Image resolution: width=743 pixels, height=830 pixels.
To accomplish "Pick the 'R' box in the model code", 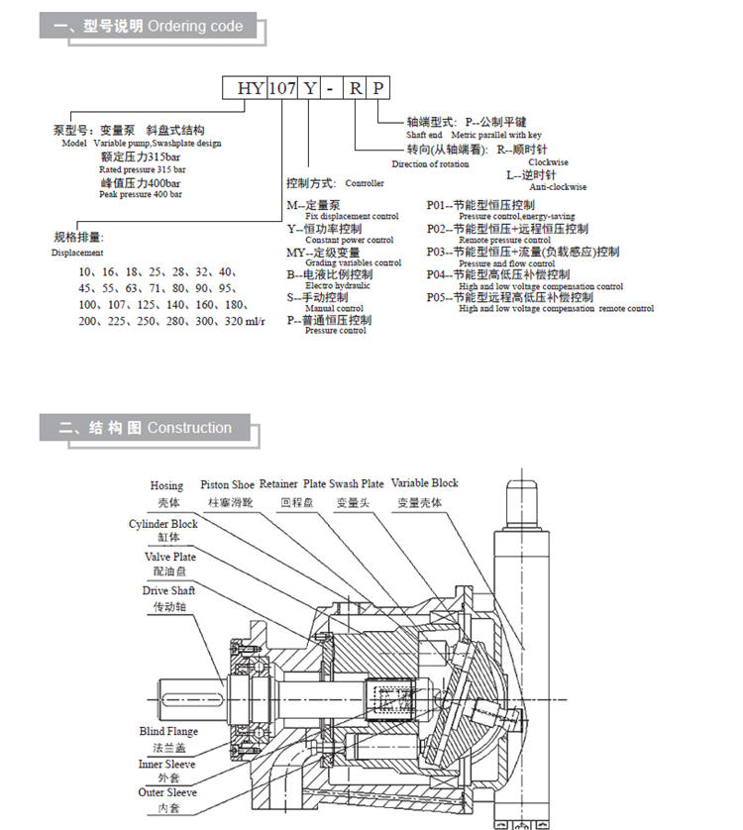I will (355, 88).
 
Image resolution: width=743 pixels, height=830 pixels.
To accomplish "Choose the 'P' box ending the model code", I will (379, 88).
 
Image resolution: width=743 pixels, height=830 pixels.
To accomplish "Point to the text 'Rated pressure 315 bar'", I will (140, 169).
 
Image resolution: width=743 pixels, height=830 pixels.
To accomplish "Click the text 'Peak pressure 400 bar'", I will (141, 194).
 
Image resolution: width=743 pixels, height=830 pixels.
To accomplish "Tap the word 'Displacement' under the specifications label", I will (77, 253).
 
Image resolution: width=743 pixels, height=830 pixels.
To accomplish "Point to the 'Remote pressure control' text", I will (504, 240).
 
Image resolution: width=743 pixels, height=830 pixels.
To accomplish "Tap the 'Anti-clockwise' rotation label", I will (558, 187).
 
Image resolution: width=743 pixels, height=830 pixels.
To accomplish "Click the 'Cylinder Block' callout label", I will (163, 524).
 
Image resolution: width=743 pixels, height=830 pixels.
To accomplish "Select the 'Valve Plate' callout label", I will (169, 558).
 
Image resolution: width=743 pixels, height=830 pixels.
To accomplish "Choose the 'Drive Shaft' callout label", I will (168, 591).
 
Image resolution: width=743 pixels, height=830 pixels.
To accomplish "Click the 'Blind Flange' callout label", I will (168, 732).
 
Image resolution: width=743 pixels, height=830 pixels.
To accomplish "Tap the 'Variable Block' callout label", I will (425, 483).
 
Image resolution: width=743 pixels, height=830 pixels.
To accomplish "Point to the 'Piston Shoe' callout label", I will (227, 485).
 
